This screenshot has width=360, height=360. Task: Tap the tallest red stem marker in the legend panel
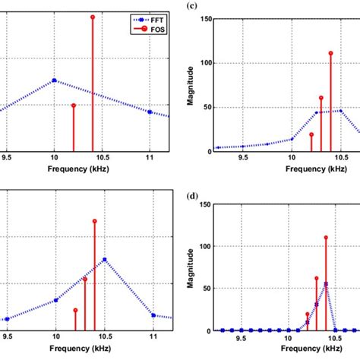pos(93,17)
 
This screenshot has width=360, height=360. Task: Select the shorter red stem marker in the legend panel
pos(74,106)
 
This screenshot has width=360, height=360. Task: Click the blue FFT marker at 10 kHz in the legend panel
pos(54,81)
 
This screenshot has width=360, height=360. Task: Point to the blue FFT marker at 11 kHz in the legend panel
pos(150,112)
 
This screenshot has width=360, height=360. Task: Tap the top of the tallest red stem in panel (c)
pos(330,53)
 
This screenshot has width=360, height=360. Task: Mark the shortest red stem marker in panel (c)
pos(311,134)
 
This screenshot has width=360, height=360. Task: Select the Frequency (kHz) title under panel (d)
pos(291,353)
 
